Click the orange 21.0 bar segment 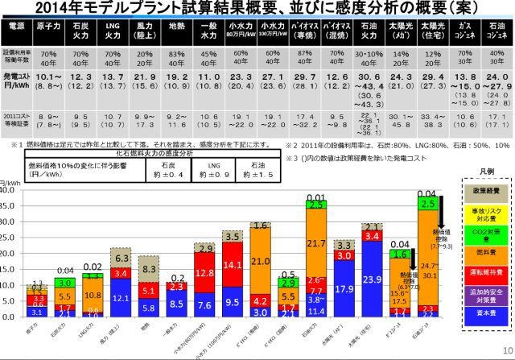tap(260, 262)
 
